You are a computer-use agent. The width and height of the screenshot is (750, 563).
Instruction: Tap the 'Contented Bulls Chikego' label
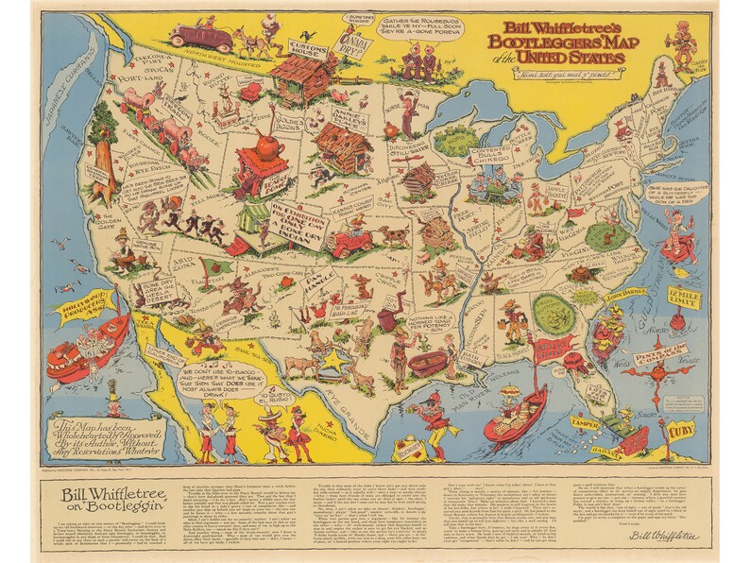[x=489, y=151]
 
